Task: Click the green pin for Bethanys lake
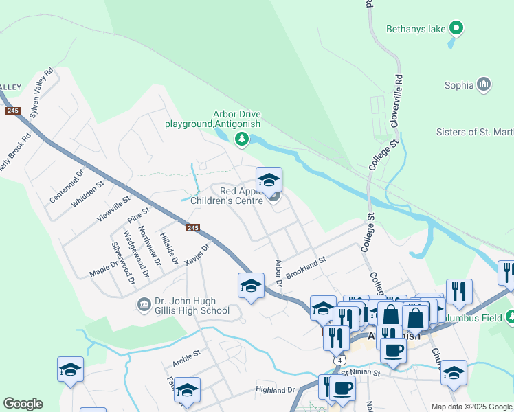click(x=456, y=28)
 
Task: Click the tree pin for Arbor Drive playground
click(x=241, y=139)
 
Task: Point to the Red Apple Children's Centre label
click(x=241, y=196)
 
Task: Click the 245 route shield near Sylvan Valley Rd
click(x=12, y=111)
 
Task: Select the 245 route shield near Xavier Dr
click(x=193, y=228)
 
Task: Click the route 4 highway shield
click(x=339, y=360)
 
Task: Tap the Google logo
click(x=23, y=404)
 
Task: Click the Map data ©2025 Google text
click(x=471, y=407)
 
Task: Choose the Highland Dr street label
click(x=275, y=389)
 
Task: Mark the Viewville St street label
click(x=113, y=208)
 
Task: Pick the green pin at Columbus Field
click(x=510, y=318)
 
